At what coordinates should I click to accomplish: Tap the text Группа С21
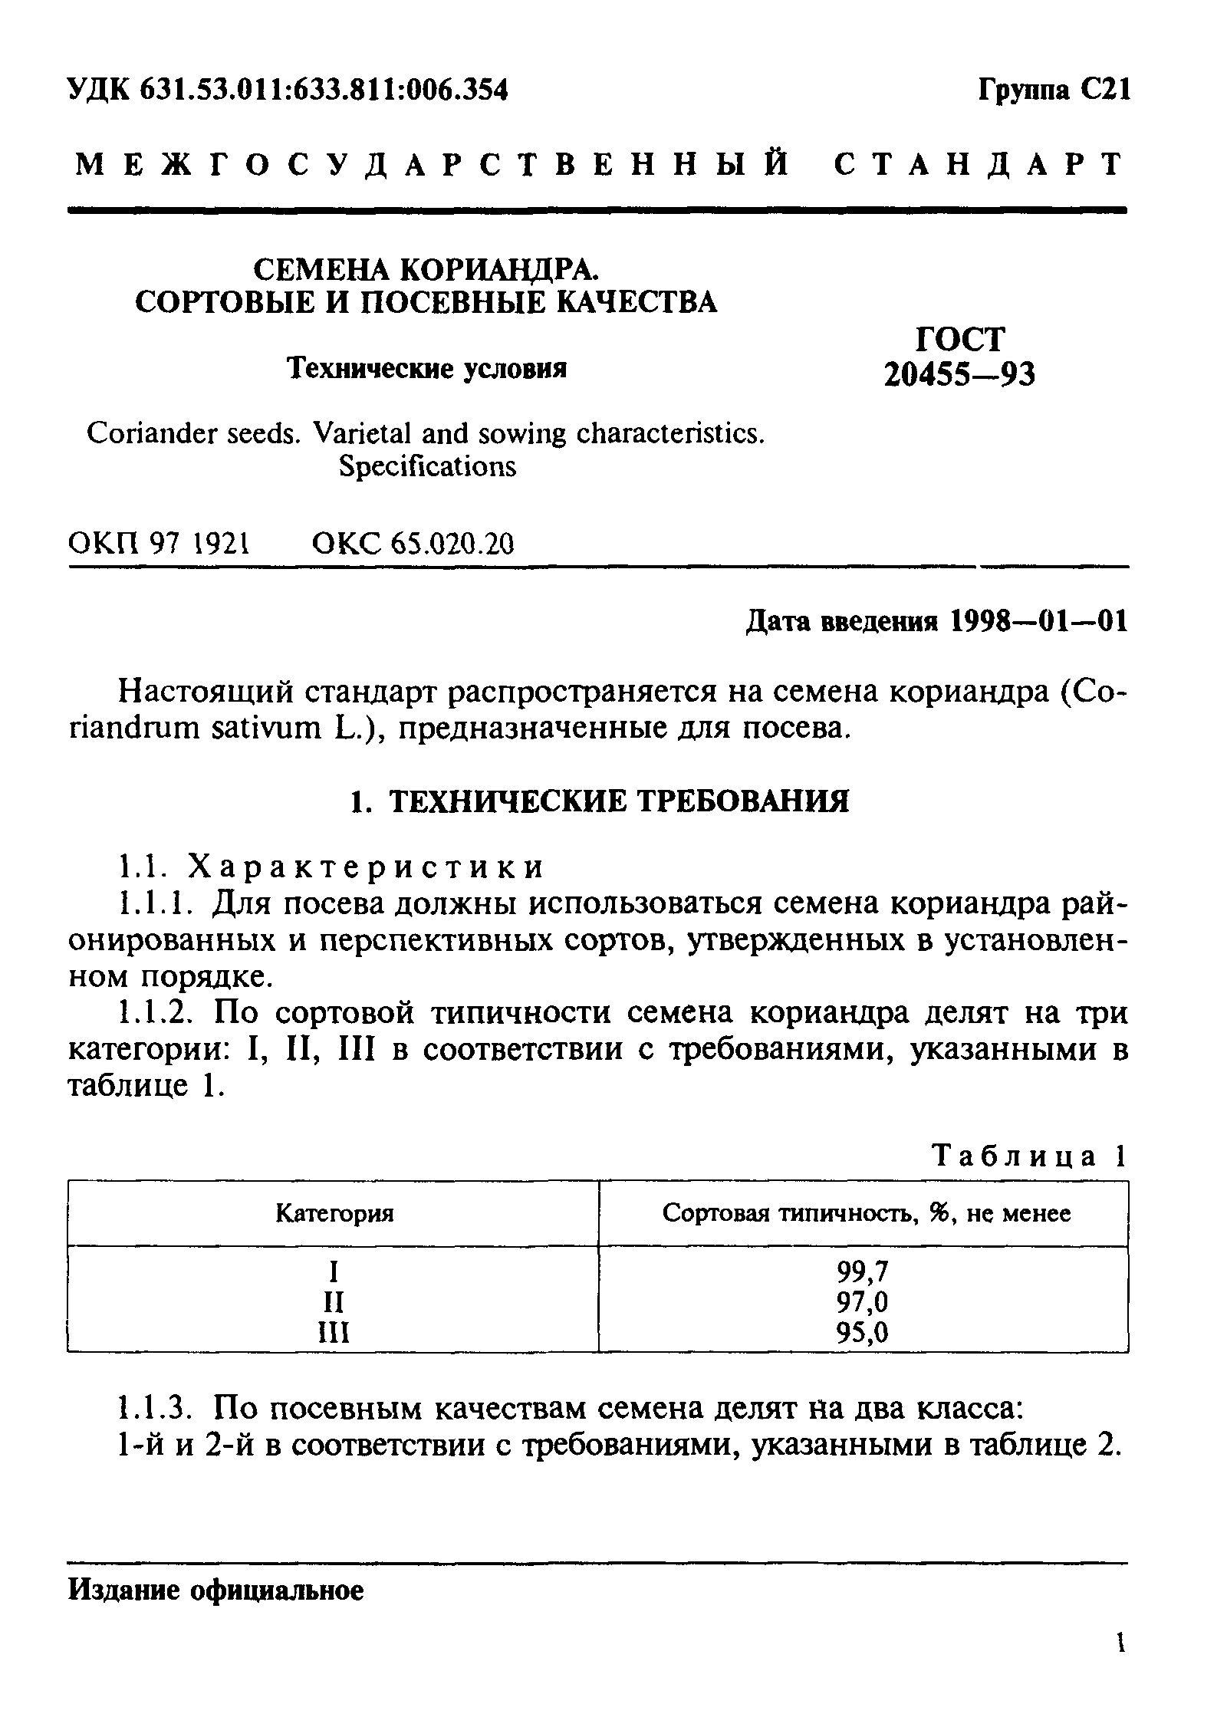[1053, 91]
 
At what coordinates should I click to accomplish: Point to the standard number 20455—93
[959, 373]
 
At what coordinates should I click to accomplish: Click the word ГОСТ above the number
[960, 339]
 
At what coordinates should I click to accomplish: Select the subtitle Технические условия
[427, 369]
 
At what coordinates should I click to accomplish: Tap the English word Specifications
[427, 466]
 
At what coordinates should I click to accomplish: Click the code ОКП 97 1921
[160, 544]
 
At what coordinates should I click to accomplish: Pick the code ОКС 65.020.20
[413, 544]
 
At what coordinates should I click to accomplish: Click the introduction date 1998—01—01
[1039, 621]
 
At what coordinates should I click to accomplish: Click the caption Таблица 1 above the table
[1028, 1155]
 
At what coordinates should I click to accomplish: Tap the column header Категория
[334, 1213]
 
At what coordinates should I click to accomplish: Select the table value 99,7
[863, 1271]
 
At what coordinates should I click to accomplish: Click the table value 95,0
[863, 1334]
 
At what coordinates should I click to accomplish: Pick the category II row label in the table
[334, 1302]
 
